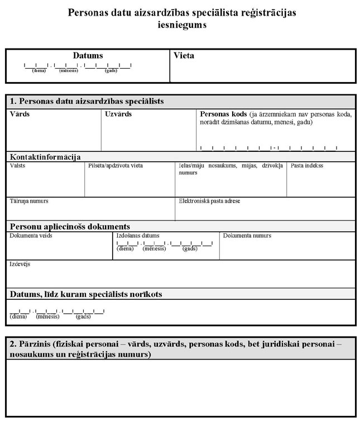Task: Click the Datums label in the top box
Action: pos(88,56)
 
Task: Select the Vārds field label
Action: pos(20,114)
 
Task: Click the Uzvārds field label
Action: pos(118,114)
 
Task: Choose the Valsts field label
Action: pos(17,166)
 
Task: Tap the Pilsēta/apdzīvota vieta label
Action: pos(116,166)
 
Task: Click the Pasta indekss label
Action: pos(306,166)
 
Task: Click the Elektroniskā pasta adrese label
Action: pos(209,201)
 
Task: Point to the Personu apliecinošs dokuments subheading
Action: pos(70,227)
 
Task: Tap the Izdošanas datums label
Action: pos(138,236)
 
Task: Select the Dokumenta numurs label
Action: pos(247,236)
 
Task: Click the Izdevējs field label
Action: pos(20,263)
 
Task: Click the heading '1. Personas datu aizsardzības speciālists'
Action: pos(91,102)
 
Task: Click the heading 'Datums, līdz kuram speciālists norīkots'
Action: pos(86,294)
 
